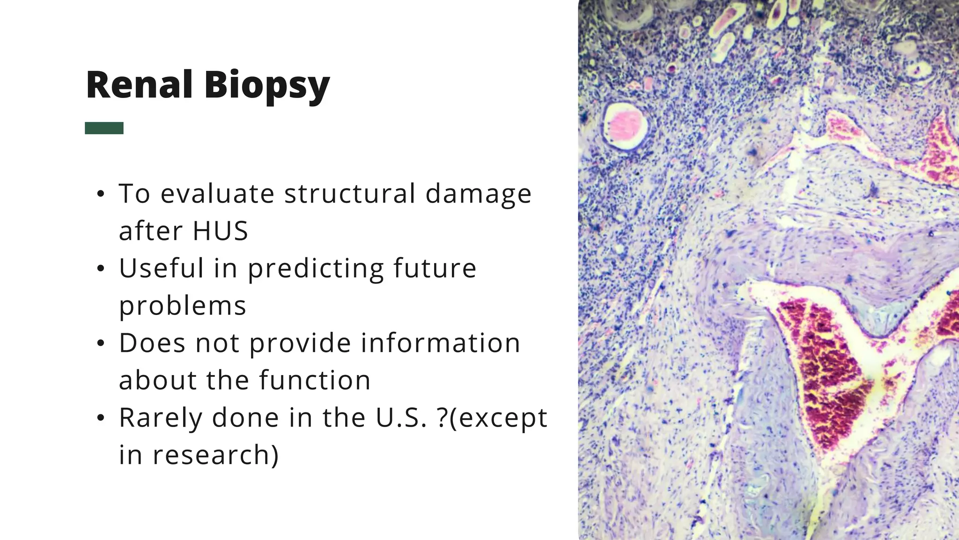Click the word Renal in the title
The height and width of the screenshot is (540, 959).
pos(140,85)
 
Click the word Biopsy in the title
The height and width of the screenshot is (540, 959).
pos(266,86)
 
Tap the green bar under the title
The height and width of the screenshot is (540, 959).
pos(104,128)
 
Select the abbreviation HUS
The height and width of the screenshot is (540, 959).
pos(220,231)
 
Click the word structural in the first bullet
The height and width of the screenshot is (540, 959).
pos(349,194)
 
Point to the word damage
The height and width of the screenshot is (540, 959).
pos(478,195)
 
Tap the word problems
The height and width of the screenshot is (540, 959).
pos(183,306)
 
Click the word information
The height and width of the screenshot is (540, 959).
pos(440,343)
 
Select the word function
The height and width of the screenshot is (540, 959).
pos(315,380)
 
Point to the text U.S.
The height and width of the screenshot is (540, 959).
pos(401,418)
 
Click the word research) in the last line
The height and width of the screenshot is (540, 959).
pos(215,455)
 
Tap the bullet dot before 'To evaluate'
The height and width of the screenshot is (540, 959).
pos(100,194)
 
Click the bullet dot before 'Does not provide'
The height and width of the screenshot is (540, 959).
pos(100,344)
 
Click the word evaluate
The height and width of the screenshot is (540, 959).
pos(217,194)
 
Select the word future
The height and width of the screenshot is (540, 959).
pos(435,268)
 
